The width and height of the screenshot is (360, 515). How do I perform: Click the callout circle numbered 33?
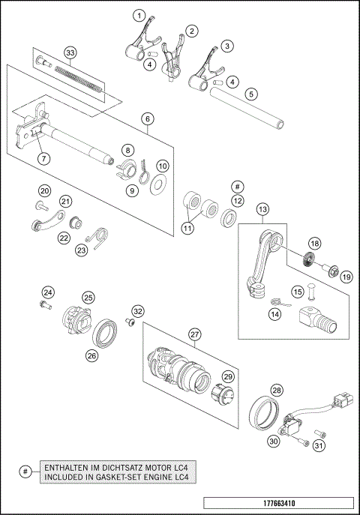coord(70,53)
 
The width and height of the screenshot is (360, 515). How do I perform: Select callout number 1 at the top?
coord(138,15)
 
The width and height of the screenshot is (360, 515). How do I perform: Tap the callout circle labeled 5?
coord(251,94)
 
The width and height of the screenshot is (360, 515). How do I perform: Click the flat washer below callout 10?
coord(159,184)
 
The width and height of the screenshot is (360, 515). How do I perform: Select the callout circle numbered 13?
coord(262,210)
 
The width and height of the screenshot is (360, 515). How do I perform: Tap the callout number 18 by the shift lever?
coord(314,244)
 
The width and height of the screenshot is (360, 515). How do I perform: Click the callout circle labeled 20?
coord(44,190)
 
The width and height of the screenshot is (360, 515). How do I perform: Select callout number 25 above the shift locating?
coord(88,298)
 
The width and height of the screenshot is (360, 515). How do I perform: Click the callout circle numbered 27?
coord(196,334)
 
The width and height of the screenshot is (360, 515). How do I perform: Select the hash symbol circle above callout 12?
coord(237,184)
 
